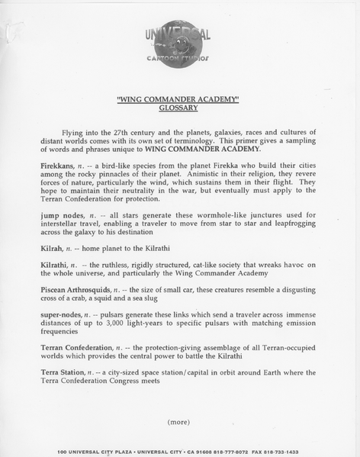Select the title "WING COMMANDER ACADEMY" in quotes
pyautogui.click(x=178, y=99)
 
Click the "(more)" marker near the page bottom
pyautogui.click(x=179, y=422)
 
